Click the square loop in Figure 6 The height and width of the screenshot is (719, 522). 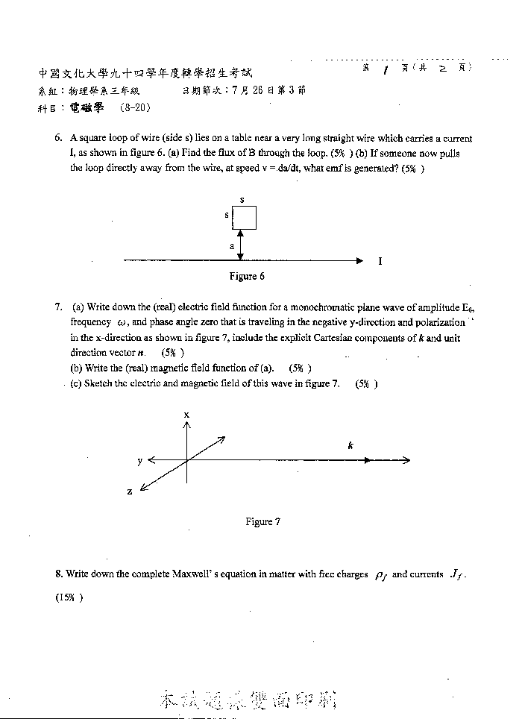(x=245, y=218)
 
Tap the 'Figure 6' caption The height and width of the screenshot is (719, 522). (x=247, y=277)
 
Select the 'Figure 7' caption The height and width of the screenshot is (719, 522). (x=262, y=521)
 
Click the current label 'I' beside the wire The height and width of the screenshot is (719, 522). (x=380, y=262)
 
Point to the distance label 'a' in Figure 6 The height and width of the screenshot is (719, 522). (x=232, y=245)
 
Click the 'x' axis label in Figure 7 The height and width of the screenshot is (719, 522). (x=186, y=414)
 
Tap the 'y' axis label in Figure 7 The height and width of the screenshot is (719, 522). (x=139, y=461)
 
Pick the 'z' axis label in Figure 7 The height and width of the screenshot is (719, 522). (x=130, y=492)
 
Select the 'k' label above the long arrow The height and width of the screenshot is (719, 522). (x=350, y=445)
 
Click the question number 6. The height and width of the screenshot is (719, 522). (x=58, y=139)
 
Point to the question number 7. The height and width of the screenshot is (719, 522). (x=58, y=307)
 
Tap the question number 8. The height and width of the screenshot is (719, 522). (x=58, y=574)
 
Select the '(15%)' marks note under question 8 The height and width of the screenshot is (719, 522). (x=69, y=597)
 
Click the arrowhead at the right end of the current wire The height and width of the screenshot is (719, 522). (x=359, y=260)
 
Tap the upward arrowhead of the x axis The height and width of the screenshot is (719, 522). (x=186, y=424)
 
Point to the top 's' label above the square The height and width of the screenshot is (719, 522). (x=242, y=200)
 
